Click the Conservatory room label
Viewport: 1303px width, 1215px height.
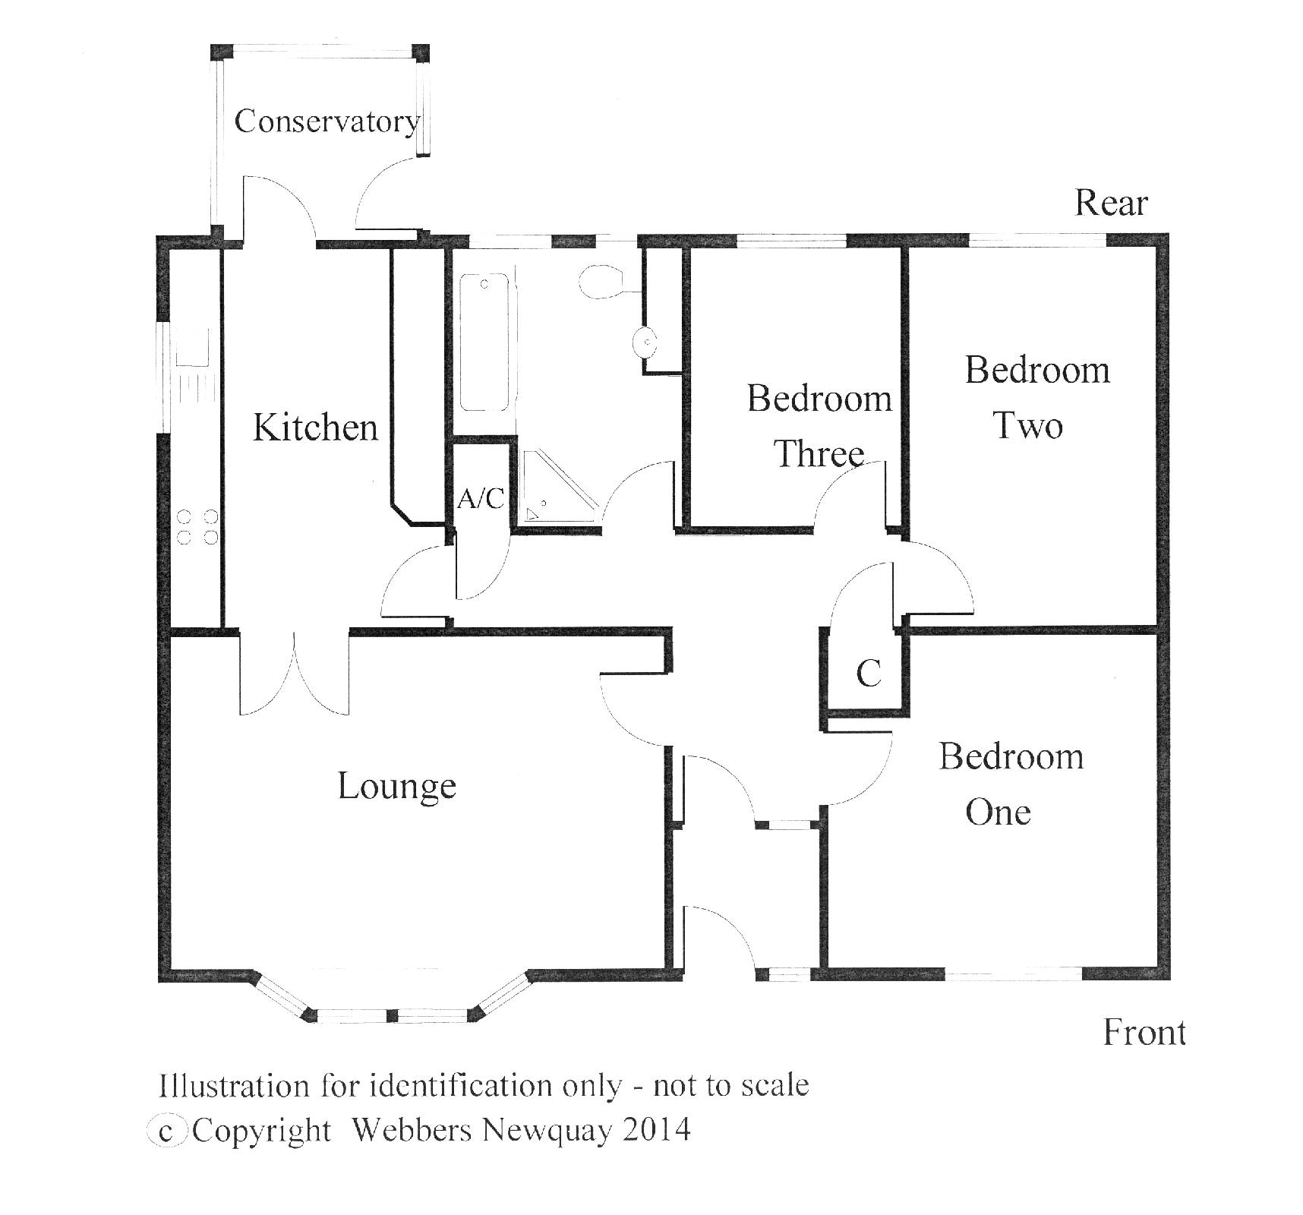coord(327,121)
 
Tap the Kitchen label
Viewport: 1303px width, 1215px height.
coord(315,428)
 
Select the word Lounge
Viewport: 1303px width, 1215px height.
coord(396,787)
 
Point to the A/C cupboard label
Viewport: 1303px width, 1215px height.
coord(481,499)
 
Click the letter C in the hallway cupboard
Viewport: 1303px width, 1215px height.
coord(869,673)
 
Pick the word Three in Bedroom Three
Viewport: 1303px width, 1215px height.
coord(819,454)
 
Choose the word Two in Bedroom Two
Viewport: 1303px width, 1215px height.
coord(1029,426)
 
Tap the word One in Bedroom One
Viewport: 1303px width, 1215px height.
coord(998,813)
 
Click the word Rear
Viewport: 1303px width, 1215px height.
coord(1111,203)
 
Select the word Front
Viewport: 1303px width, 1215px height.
coord(1144,1033)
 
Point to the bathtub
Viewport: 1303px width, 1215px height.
coord(485,343)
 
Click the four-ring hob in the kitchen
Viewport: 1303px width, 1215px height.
coord(197,528)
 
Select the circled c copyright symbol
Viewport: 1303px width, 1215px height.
coord(166,1131)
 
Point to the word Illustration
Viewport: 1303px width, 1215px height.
coord(235,1086)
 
